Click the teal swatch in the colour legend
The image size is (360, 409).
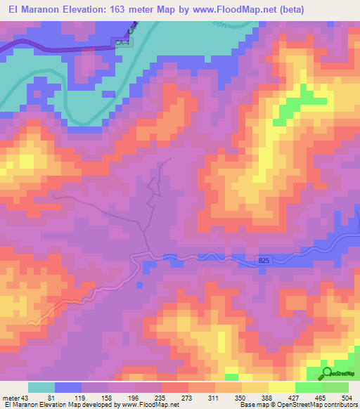click(x=41, y=387)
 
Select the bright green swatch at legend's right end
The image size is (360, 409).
click(x=335, y=387)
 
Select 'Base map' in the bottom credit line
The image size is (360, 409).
click(x=252, y=405)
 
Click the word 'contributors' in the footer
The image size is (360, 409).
click(x=339, y=405)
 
